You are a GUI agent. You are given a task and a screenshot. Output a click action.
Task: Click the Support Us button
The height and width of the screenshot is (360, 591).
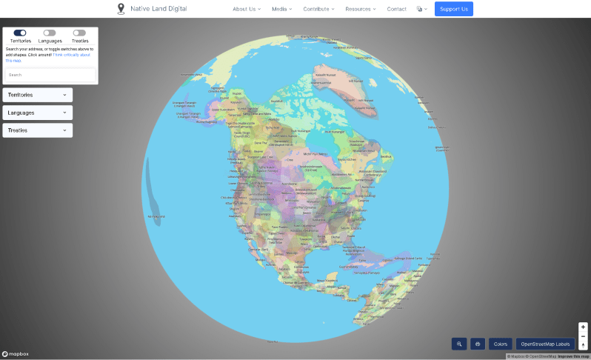tap(453, 9)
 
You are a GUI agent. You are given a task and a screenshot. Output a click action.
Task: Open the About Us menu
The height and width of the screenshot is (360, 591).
tap(247, 9)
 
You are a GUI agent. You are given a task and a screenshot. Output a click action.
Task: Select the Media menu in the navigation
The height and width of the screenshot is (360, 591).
tap(281, 9)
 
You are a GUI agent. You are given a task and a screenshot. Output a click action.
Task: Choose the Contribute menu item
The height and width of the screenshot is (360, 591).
tap(318, 9)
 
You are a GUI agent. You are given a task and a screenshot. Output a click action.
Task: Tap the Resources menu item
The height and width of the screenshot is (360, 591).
tap(361, 9)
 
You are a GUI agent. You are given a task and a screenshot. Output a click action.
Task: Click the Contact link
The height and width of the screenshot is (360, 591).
tap(396, 9)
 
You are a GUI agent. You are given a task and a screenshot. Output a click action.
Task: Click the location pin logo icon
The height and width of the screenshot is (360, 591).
tap(121, 9)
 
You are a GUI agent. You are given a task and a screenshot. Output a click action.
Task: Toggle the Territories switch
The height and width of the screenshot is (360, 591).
tap(20, 33)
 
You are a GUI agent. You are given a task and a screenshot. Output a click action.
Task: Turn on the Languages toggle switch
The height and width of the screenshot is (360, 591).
tap(50, 33)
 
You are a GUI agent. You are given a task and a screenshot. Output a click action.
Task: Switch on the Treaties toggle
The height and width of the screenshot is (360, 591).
tap(79, 33)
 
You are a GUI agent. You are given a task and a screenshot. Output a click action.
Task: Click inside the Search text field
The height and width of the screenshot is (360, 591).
tap(50, 75)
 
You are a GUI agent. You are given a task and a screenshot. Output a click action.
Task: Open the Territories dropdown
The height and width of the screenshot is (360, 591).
tap(38, 95)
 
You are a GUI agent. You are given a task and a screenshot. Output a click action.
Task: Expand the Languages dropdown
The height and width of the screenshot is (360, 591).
tap(38, 113)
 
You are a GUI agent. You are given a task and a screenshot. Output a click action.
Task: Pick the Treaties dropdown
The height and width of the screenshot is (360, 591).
tap(38, 130)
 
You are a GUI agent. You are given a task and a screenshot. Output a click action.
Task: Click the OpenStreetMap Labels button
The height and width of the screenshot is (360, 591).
tap(545, 344)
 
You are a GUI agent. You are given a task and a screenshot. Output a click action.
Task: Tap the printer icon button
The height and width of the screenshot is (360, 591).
tap(478, 344)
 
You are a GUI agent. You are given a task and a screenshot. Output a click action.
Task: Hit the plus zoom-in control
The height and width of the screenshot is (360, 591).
tap(583, 327)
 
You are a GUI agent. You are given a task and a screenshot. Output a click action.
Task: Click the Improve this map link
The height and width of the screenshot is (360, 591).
tap(575, 356)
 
